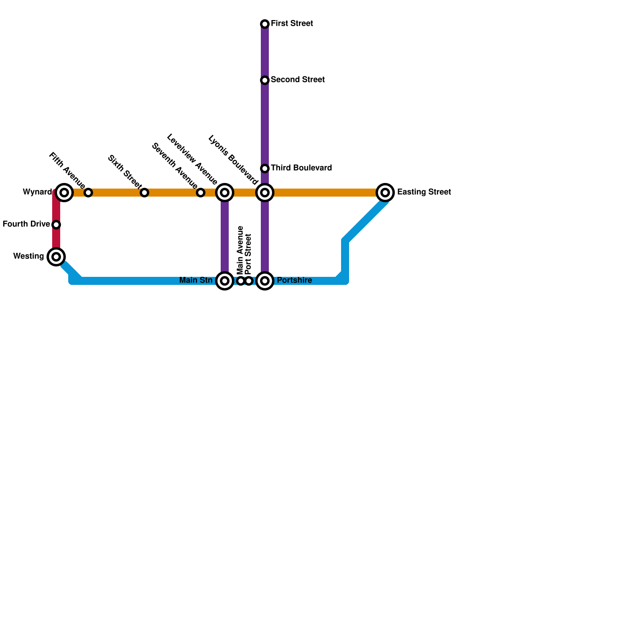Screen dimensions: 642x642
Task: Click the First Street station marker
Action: point(265,24)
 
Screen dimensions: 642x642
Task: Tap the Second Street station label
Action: point(297,80)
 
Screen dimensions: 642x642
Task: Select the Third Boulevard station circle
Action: point(265,169)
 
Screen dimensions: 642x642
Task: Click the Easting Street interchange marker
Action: point(385,193)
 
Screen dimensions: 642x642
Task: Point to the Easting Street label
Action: point(424,192)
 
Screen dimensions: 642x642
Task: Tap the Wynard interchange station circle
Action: point(64,193)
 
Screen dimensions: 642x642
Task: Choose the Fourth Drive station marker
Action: point(56,225)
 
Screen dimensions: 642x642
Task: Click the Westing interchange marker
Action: point(56,257)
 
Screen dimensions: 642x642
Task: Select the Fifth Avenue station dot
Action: point(88,193)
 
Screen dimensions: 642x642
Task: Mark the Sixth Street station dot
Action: point(144,193)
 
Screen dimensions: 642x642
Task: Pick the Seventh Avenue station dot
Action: point(201,193)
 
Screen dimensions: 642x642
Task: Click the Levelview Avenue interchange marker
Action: point(225,193)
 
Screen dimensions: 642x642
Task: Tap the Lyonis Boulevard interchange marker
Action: point(265,193)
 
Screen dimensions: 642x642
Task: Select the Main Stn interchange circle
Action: point(225,281)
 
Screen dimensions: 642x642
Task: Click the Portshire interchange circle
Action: point(265,281)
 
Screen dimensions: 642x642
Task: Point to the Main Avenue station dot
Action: point(241,281)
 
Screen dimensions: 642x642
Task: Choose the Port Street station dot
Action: point(249,281)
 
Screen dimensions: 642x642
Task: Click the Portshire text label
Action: point(294,280)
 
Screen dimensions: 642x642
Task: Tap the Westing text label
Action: point(28,256)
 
